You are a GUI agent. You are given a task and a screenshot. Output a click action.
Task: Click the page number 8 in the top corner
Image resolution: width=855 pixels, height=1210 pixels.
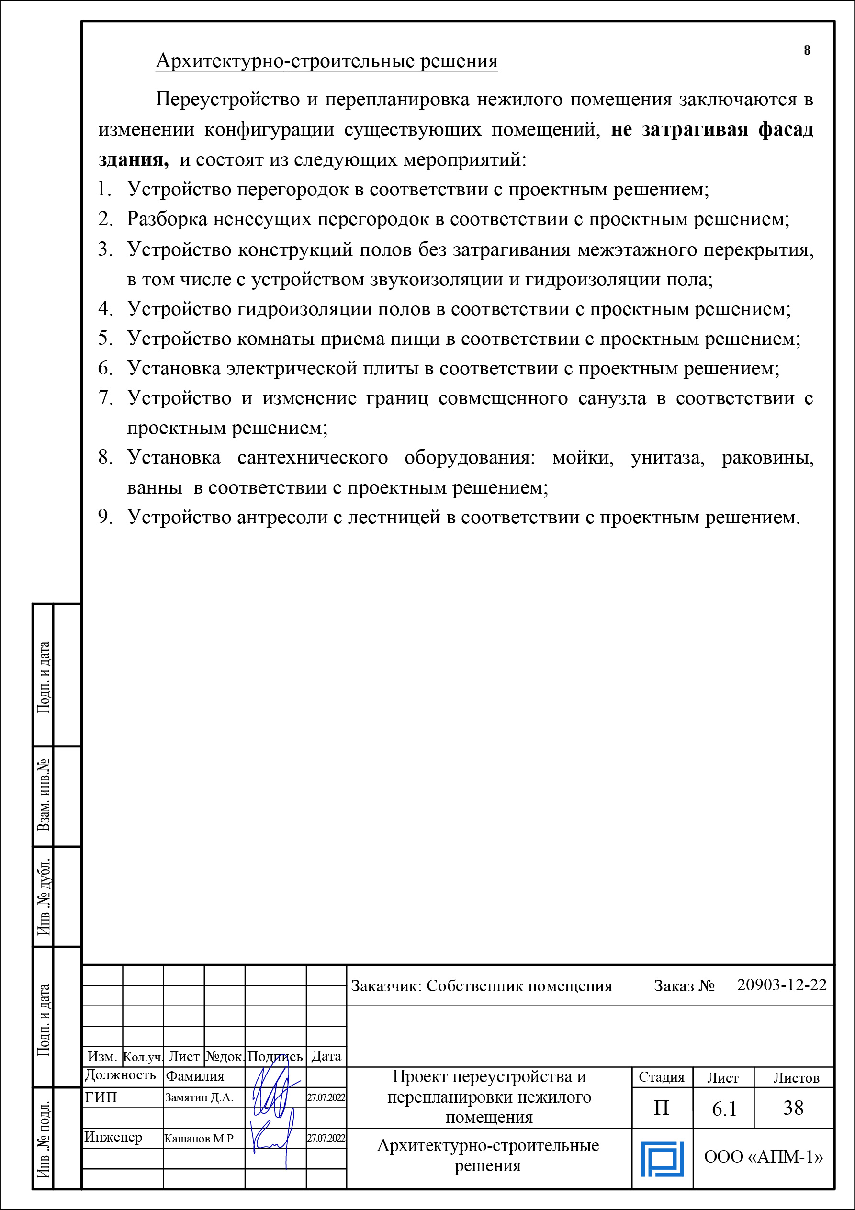(x=807, y=51)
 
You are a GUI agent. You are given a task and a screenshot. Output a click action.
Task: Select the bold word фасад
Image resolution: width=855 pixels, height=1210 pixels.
(x=786, y=130)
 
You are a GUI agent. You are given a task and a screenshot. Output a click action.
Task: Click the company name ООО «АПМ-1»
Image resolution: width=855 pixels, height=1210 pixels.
(x=764, y=1157)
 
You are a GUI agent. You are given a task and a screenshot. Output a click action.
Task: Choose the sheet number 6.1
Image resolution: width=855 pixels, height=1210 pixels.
(x=724, y=1109)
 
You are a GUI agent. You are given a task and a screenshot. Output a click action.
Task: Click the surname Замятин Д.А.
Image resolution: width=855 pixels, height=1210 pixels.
(x=199, y=1098)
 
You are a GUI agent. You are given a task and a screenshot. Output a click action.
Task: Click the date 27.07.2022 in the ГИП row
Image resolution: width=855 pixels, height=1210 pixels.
(x=326, y=1098)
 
